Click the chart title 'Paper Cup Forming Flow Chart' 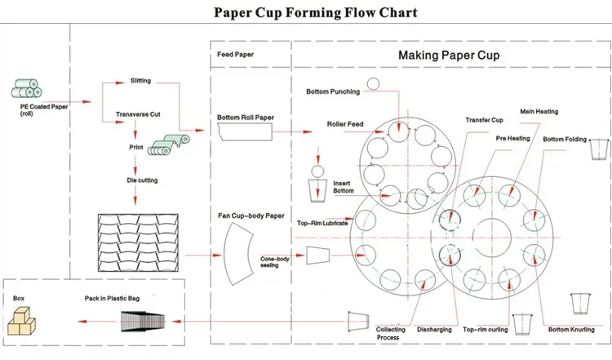coord(315,12)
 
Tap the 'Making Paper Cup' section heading coord(449,55)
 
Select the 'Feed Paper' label coord(235,54)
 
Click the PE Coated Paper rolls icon coord(26,89)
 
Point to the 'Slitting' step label coord(140,81)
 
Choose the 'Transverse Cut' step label coord(138,114)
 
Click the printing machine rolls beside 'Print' coord(169,144)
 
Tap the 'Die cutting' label coord(142,180)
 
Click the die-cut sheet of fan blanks coord(138,242)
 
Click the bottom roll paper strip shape coord(245,132)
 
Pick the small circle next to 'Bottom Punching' coord(373,84)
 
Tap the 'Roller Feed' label coord(345,124)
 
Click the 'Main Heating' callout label coord(539,112)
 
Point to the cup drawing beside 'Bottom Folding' coord(599,149)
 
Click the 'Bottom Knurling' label coord(571,330)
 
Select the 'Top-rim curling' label coord(486,330)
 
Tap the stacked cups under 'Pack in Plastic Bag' coord(143,322)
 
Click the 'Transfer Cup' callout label coord(484,120)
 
